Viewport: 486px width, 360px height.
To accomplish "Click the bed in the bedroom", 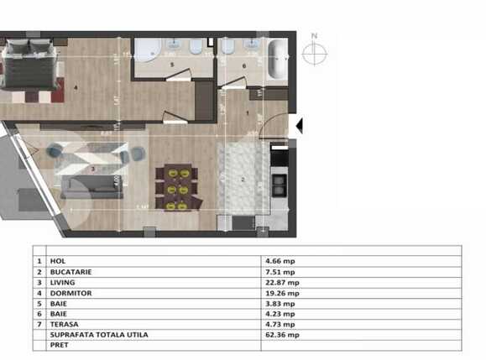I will pos(31,67).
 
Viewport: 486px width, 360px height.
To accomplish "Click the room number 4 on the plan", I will pos(75,87).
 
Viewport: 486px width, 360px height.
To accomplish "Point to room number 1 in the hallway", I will pos(247,112).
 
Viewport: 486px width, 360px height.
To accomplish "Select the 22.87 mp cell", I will pos(281,282).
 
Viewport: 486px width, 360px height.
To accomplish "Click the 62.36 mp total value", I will pos(281,334).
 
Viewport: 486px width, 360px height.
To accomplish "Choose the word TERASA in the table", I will pos(65,324).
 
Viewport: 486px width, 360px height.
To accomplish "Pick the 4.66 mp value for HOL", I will pos(280,261).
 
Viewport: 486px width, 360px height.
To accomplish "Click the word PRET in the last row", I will pos(59,344).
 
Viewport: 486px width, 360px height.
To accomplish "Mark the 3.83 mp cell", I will pos(280,303).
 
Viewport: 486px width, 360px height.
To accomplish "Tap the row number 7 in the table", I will pos(39,324).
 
